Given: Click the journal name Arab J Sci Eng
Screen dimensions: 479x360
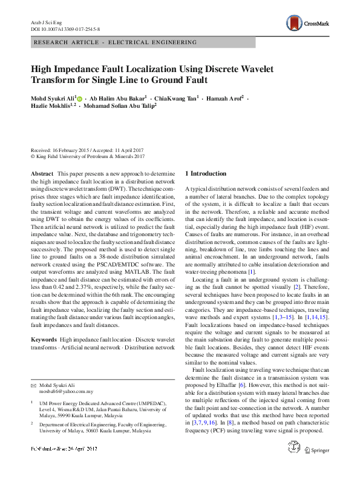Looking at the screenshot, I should pos(46,21).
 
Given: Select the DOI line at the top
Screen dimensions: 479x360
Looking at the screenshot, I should pos(65,28).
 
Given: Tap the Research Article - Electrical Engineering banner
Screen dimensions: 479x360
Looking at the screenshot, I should pos(116,42).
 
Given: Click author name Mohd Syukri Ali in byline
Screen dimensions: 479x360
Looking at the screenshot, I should pos(52,97).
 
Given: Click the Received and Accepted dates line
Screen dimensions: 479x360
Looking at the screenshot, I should pos(87,149).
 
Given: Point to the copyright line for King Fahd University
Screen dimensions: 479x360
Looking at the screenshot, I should pos(88,156).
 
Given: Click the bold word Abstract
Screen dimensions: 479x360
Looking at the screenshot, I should pos(42,173).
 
